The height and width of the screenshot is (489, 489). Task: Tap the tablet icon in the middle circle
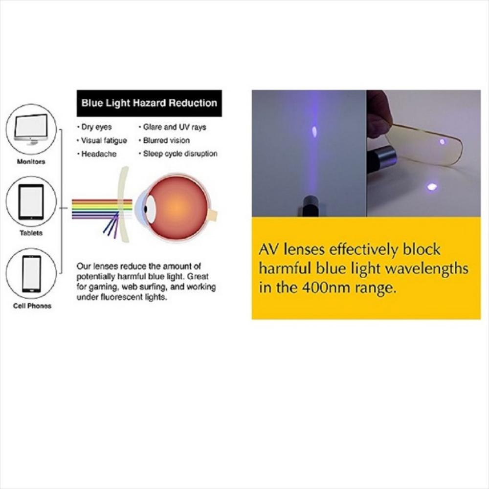31,202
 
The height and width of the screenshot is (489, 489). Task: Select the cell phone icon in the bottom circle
31,274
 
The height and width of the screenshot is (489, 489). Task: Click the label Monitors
31,161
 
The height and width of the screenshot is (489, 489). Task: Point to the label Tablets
31,233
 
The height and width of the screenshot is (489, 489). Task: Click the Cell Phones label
32,306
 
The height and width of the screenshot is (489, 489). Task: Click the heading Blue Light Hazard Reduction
149,103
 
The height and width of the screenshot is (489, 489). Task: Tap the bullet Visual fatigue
102,141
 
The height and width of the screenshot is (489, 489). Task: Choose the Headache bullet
97,154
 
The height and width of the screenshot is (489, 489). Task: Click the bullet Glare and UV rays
173,127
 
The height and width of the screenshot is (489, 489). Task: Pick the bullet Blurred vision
164,140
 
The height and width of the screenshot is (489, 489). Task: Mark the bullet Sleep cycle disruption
178,154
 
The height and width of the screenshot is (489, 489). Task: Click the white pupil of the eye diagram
151,209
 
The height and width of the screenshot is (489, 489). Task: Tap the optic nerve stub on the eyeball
213,215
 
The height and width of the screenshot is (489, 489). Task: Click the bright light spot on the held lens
442,142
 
